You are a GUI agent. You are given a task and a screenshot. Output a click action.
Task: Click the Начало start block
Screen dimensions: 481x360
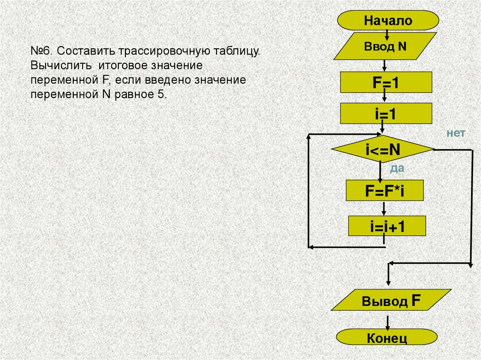click(x=388, y=21)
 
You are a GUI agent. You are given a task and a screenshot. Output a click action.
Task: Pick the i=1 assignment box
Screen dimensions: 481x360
click(x=386, y=114)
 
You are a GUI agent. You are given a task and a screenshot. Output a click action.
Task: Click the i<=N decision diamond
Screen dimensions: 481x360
click(x=382, y=150)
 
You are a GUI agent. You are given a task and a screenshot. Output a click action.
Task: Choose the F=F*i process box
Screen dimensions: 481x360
click(x=385, y=191)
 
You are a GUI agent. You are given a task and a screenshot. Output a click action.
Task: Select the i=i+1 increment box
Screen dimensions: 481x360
click(x=387, y=226)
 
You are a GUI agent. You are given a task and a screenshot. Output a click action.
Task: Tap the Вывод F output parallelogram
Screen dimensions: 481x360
click(x=390, y=300)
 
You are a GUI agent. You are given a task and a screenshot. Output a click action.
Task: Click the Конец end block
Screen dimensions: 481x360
click(x=387, y=337)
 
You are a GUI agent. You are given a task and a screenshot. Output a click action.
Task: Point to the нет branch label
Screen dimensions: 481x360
click(x=456, y=133)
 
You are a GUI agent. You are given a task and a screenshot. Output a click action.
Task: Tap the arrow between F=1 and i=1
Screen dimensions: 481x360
click(x=385, y=97)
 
